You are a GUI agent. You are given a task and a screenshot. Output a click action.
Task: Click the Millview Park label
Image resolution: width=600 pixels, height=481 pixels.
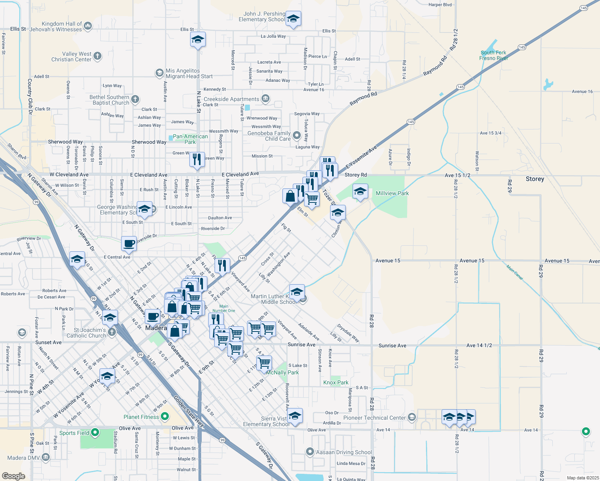click(392, 193)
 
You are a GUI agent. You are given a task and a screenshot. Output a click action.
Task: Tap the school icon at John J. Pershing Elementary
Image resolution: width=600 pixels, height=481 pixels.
click(293, 18)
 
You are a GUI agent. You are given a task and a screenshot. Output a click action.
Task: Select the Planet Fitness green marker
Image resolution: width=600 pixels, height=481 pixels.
click(165, 417)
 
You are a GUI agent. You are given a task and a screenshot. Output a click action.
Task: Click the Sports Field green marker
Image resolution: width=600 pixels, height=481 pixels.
click(95, 432)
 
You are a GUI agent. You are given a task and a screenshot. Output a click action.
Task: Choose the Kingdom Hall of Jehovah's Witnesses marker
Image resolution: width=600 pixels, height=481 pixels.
click(88, 26)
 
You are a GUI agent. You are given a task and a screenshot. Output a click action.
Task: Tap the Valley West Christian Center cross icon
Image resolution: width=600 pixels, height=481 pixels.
click(97, 56)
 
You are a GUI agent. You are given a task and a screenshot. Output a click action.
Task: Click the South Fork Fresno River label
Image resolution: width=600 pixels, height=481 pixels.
click(493, 55)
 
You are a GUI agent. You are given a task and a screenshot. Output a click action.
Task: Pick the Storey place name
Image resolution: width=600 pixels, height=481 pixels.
click(535, 179)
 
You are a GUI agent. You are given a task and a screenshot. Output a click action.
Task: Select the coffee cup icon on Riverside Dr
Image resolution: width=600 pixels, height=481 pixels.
click(129, 243)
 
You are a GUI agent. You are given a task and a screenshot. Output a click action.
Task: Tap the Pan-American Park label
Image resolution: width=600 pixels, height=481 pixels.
click(190, 139)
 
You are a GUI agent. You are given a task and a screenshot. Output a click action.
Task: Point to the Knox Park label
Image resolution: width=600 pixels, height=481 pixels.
click(336, 382)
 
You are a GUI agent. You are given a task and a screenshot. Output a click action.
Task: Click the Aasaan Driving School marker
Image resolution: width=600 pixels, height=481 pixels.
click(310, 452)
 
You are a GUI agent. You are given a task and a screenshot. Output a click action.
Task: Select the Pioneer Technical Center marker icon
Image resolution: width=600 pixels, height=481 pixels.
click(411, 417)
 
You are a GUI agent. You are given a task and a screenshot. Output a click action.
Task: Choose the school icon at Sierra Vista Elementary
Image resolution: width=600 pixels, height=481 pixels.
click(295, 416)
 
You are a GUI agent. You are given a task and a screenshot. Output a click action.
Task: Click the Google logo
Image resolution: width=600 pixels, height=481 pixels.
click(14, 476)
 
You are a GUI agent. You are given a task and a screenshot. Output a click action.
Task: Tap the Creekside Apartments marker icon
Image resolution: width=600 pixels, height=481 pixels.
click(265, 99)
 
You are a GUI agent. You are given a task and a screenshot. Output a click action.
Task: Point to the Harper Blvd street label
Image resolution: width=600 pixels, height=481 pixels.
click(440, 5)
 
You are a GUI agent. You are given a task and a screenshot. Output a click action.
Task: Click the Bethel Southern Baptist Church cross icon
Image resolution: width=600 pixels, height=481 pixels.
click(135, 99)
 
